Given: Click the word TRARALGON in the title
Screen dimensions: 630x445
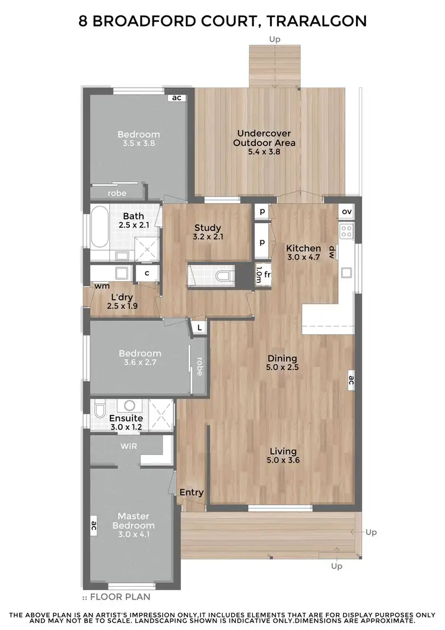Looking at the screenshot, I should pos(317,21).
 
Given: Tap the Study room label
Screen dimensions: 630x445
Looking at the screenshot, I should pos(208,232).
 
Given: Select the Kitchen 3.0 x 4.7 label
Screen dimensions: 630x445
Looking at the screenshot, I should pos(303,252).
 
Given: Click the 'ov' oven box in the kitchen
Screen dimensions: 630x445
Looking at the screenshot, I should pos(347,212).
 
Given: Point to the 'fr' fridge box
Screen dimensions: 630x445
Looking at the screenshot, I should pos(268,275).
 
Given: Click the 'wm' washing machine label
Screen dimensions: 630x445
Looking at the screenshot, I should pos(102,286).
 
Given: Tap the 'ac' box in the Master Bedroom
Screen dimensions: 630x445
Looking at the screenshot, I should pos(94,524).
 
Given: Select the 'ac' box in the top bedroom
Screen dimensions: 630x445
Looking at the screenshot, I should pos(176,98).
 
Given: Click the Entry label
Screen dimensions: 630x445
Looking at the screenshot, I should pos(191,492).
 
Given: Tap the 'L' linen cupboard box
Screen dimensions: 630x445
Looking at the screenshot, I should pos(199,327).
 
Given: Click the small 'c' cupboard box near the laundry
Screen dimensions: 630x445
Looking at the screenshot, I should pos(145,274).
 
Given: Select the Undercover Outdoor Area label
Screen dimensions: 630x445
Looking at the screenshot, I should pos(264,143).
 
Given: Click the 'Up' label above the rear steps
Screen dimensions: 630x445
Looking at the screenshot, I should pos(274,39).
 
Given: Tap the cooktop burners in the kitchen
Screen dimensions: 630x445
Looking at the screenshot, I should pos(347,230).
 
